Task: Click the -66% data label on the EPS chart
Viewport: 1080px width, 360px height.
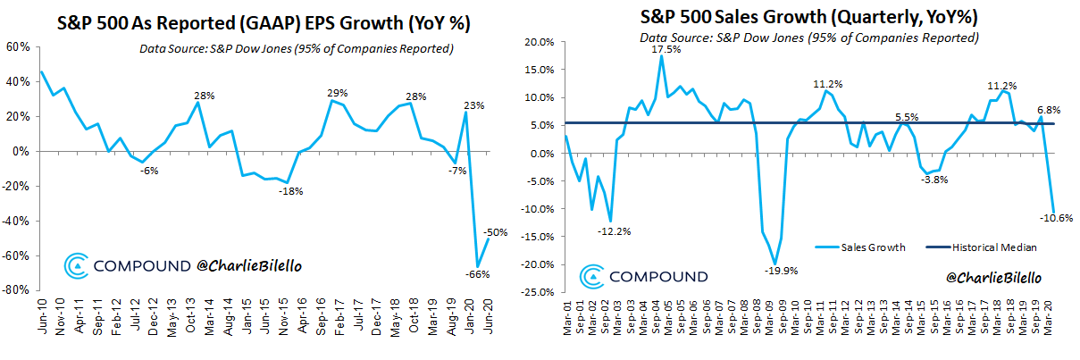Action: click(479, 273)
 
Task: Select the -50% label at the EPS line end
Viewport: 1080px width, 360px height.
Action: click(496, 231)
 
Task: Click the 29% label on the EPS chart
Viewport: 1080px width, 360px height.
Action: click(338, 93)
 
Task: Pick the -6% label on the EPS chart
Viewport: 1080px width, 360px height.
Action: click(148, 171)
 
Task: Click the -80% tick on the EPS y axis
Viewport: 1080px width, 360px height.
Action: click(16, 290)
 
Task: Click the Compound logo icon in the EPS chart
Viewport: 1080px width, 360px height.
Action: click(76, 266)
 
